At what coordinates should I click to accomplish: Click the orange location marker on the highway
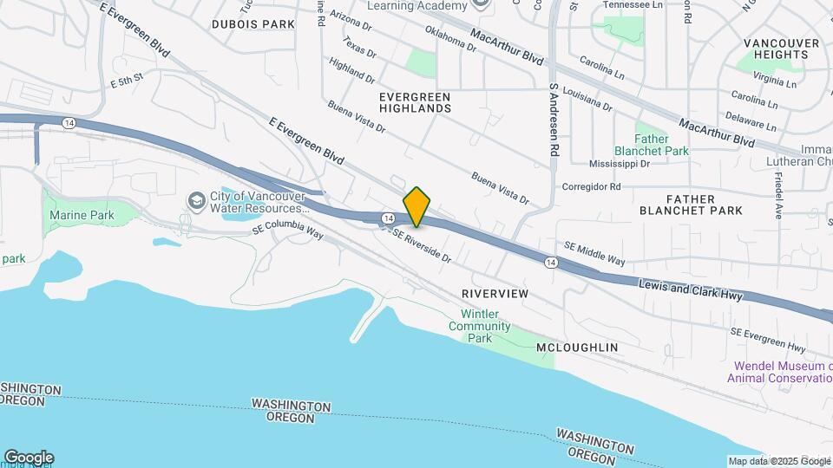417,207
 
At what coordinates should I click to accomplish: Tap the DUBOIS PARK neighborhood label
253,24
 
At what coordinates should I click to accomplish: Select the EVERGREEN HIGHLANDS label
415,101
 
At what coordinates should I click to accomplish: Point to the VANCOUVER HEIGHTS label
781,49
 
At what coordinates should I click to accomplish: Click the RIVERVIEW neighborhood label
495,294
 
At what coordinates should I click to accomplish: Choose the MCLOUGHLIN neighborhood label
577,348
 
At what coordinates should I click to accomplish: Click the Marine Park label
82,215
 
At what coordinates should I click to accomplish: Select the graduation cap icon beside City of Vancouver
196,201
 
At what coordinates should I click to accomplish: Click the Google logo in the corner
29,458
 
